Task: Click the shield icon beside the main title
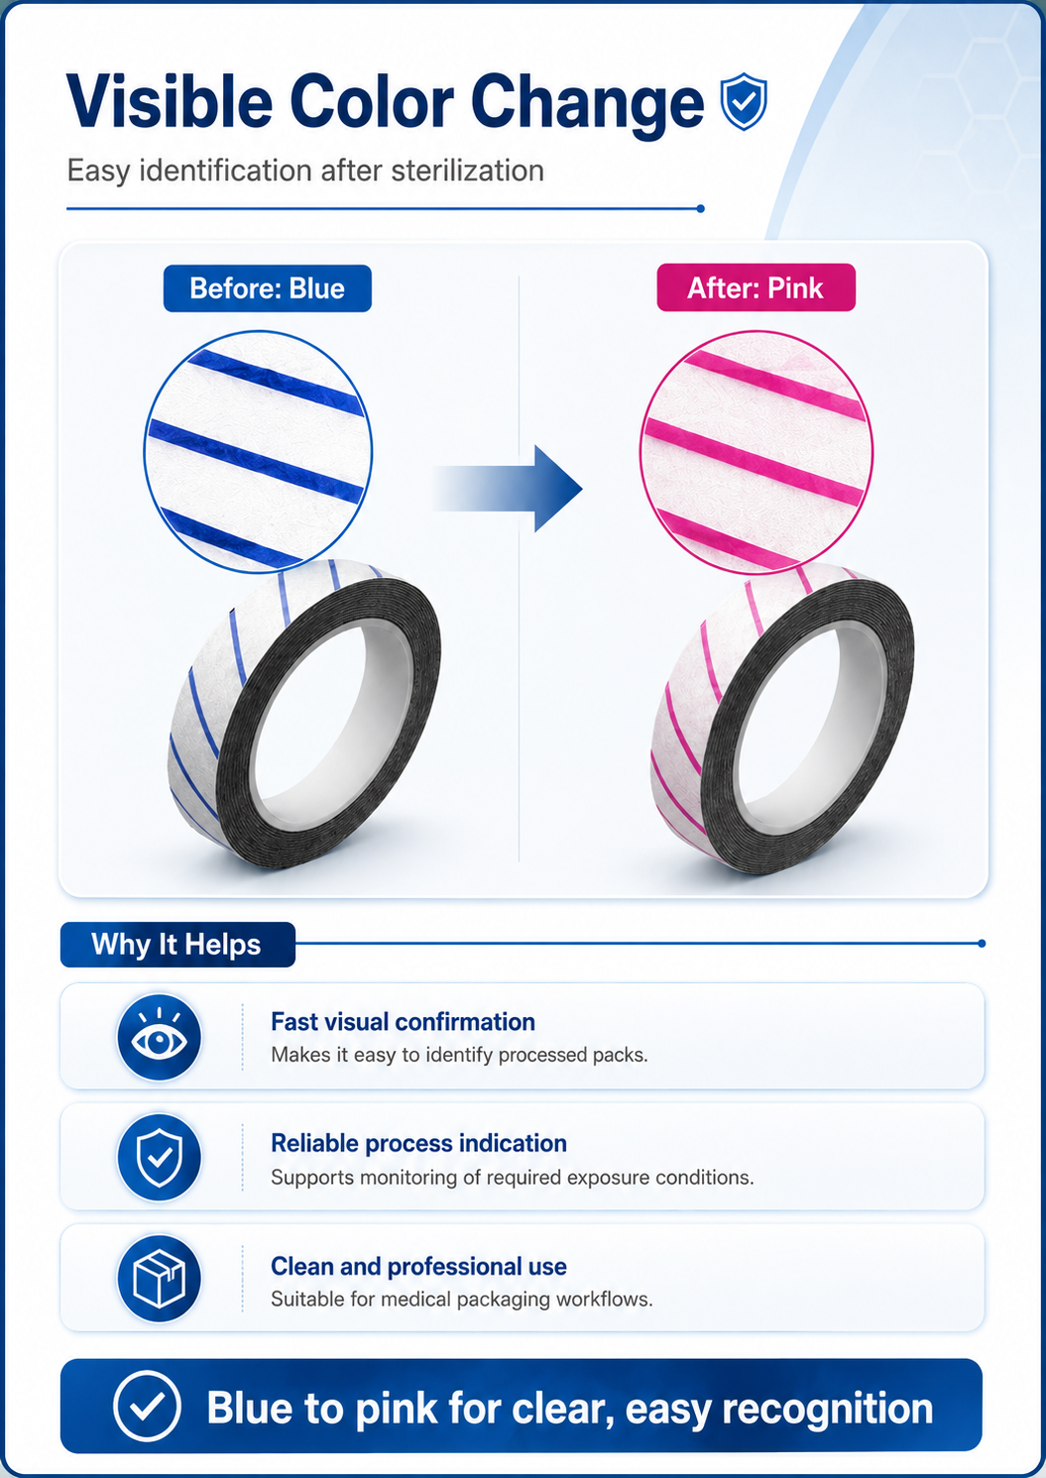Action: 743,101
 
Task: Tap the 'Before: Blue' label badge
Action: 268,288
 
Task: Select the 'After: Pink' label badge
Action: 755,287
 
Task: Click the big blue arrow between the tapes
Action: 508,489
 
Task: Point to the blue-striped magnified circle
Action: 258,452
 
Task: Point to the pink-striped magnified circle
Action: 756,453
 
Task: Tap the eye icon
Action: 159,1038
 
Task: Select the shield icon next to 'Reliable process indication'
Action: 159,1158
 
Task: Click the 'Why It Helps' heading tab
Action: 177,945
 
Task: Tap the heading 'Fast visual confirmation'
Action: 403,1022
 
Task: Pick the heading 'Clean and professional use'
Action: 418,1266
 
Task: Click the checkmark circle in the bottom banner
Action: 147,1406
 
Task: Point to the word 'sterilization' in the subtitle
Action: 467,171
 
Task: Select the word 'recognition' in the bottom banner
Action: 828,1409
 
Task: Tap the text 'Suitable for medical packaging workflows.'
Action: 461,1300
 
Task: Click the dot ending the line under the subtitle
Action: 701,208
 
